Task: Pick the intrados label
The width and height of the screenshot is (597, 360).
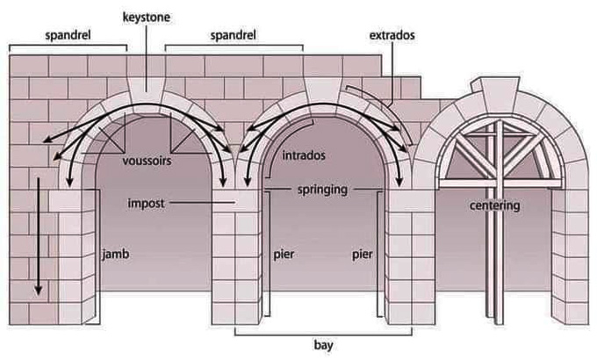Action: (305, 155)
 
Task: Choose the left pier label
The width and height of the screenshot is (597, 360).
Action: (281, 254)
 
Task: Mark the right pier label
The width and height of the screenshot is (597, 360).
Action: (362, 254)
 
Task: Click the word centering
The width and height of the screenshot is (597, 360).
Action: (495, 205)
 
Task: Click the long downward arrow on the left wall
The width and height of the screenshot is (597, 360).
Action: (39, 237)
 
